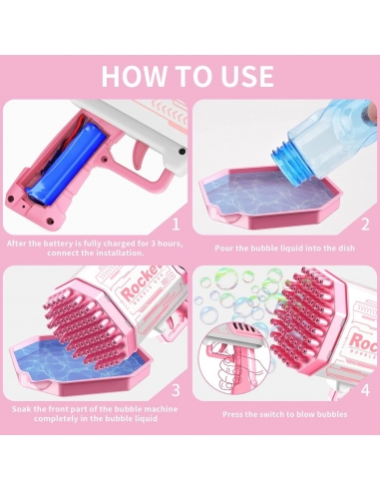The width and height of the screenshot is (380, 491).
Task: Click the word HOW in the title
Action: click(x=133, y=76)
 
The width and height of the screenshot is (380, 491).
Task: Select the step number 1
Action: click(x=176, y=224)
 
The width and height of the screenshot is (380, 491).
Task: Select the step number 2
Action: click(x=365, y=224)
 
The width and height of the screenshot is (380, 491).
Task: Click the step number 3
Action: click(x=176, y=390)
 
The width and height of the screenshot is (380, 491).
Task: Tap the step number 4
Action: click(x=365, y=390)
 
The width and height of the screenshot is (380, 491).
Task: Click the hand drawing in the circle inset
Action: click(x=229, y=369)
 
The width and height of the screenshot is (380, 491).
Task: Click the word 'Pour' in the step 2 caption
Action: click(x=223, y=248)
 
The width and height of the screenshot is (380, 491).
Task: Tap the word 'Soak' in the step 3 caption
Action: click(x=22, y=409)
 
